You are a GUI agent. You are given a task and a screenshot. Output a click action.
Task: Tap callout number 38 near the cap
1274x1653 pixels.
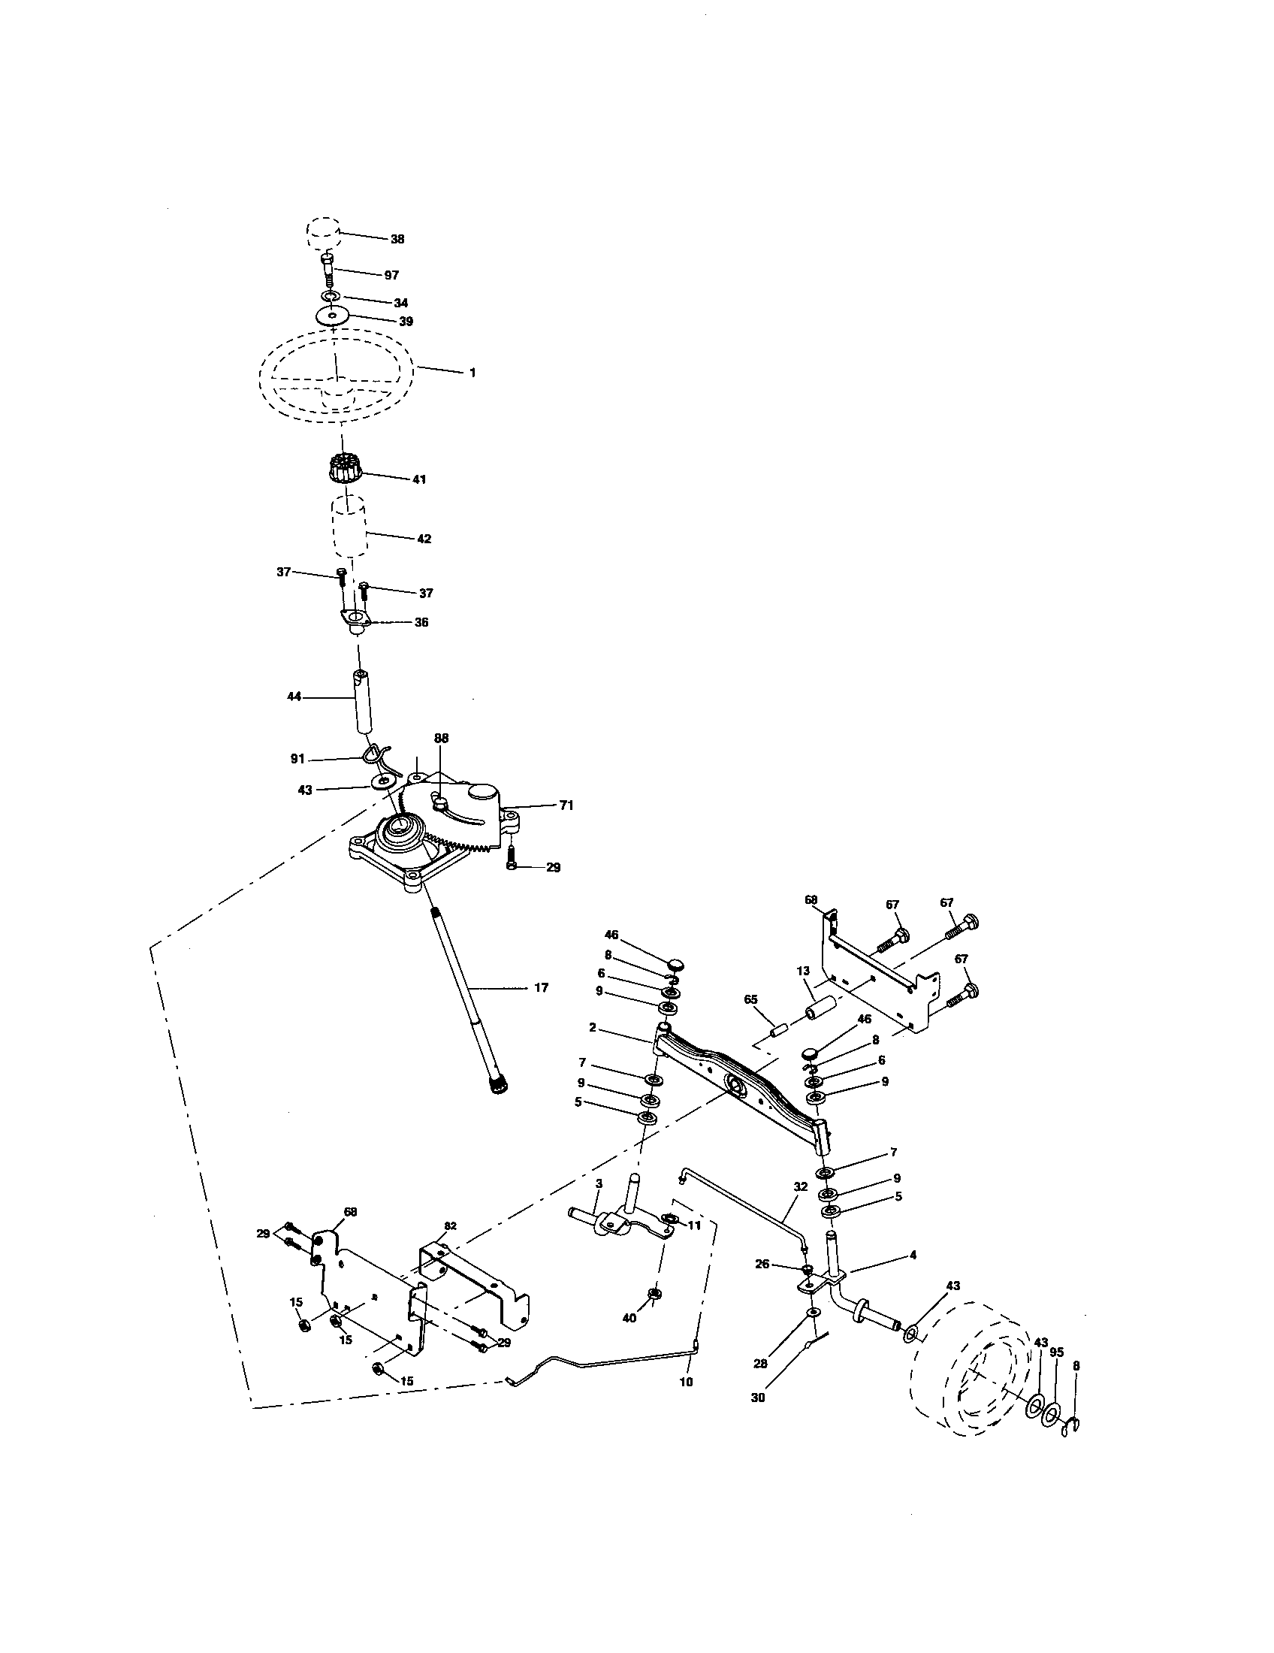tap(397, 239)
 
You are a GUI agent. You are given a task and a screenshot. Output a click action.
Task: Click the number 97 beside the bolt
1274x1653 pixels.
tap(391, 276)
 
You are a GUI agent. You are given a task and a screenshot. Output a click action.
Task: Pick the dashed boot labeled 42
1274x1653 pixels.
tap(348, 527)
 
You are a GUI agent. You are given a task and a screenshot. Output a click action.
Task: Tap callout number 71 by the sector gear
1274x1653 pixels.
tap(566, 805)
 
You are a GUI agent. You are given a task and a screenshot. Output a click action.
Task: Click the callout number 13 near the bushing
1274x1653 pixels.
tap(803, 971)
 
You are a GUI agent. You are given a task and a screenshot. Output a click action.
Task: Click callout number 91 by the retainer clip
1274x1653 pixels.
tap(297, 758)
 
